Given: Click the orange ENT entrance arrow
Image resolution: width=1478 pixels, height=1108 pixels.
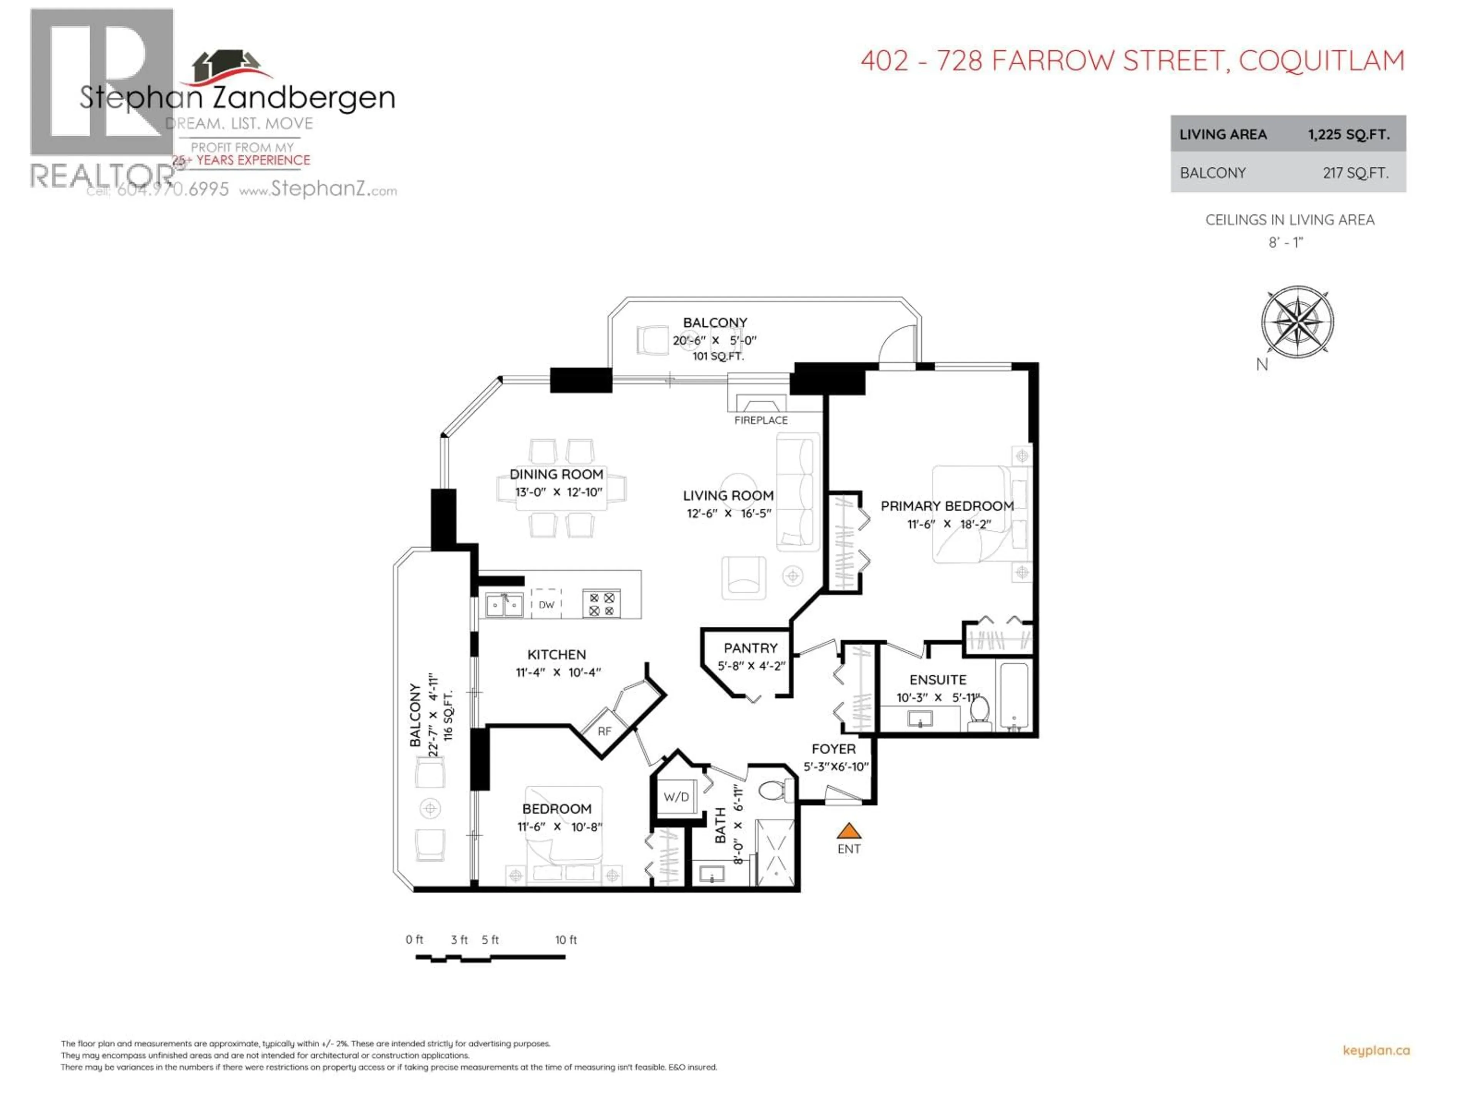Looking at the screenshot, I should coord(849,831).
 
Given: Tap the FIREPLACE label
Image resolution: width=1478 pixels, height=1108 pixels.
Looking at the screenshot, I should coord(761,420).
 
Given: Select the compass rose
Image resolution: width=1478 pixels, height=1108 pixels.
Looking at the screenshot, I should coord(1297,322).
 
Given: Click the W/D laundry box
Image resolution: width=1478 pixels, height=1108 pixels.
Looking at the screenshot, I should coord(676,797).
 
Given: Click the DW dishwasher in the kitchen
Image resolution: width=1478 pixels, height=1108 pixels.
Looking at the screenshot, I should coord(547,604).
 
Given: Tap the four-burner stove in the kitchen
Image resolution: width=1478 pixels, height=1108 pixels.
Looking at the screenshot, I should coord(601,604).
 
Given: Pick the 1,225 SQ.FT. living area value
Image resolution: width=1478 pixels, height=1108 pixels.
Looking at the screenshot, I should coord(1348,134).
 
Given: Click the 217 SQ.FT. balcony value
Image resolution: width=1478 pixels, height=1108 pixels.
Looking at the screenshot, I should coord(1355,173).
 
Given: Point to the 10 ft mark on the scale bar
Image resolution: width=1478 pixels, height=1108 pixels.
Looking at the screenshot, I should coord(565,940).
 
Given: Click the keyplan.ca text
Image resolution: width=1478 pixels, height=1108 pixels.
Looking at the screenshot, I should coord(1376,1051).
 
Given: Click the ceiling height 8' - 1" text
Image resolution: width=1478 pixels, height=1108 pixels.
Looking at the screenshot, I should coord(1286,242).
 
